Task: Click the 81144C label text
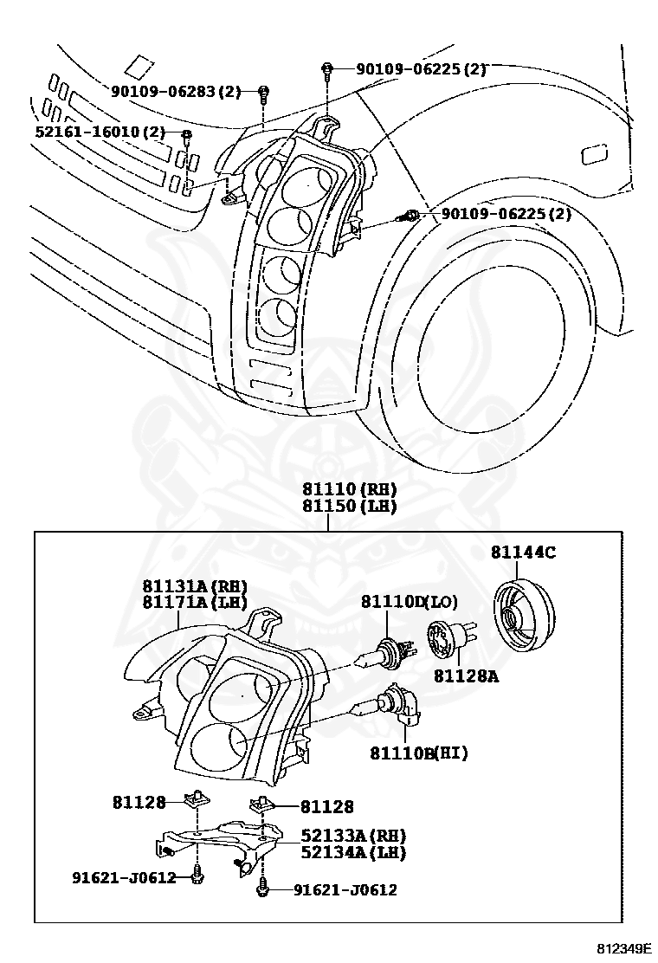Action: [523, 552]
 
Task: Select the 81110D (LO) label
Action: [409, 601]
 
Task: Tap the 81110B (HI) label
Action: [419, 753]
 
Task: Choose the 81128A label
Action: [466, 675]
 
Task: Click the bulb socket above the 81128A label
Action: [451, 644]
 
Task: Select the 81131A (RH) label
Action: [195, 585]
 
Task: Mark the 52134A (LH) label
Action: [353, 852]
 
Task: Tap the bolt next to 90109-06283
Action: [264, 92]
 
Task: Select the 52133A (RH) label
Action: [353, 836]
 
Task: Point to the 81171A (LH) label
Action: [195, 602]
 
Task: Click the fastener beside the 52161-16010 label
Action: [185, 133]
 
